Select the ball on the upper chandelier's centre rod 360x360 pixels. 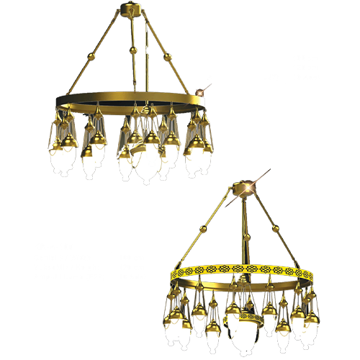point(133,52)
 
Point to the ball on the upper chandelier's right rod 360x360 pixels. point(168,55)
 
